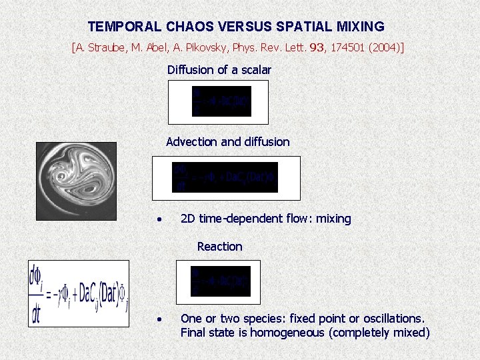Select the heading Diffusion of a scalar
[219, 69]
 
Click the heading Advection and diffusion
[227, 141]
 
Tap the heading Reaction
[219, 246]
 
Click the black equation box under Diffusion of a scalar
[221, 101]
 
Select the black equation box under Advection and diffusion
[225, 177]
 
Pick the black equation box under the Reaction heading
[221, 281]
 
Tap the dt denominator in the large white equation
[36, 313]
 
